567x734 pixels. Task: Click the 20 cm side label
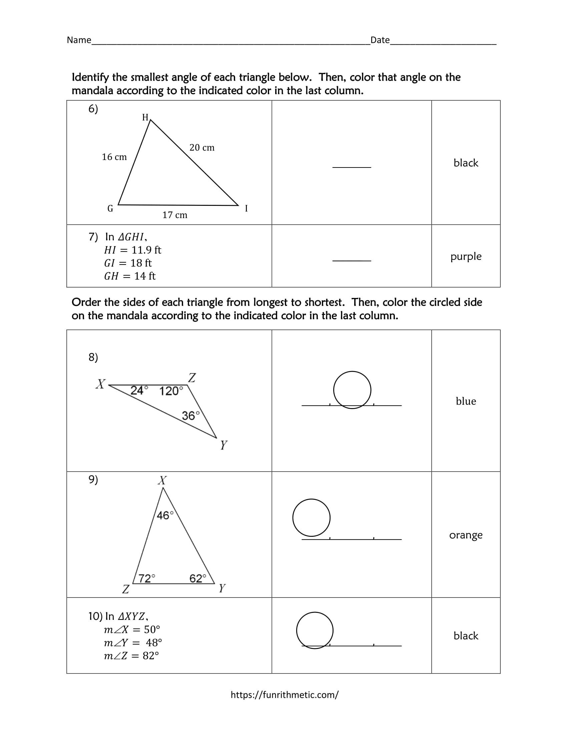[202, 147]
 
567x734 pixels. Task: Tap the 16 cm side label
[114, 157]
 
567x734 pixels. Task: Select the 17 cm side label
[175, 215]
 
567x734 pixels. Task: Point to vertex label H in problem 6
[145, 117]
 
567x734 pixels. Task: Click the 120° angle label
[171, 391]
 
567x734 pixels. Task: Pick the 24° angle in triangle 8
[139, 391]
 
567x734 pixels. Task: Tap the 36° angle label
[190, 416]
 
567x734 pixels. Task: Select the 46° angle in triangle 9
[165, 515]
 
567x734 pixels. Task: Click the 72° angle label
[147, 578]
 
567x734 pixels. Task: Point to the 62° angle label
[197, 578]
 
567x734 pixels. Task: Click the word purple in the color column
[466, 257]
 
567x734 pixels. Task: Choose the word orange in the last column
[466, 535]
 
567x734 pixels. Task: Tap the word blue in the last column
[466, 401]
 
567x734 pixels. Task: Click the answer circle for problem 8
[352, 390]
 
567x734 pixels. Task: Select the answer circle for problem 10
[315, 630]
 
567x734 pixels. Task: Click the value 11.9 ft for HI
[146, 250]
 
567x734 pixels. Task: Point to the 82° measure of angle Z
[150, 656]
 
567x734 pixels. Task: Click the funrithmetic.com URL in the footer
[285, 695]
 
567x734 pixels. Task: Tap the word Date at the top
[380, 40]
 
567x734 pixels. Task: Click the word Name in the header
[79, 40]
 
